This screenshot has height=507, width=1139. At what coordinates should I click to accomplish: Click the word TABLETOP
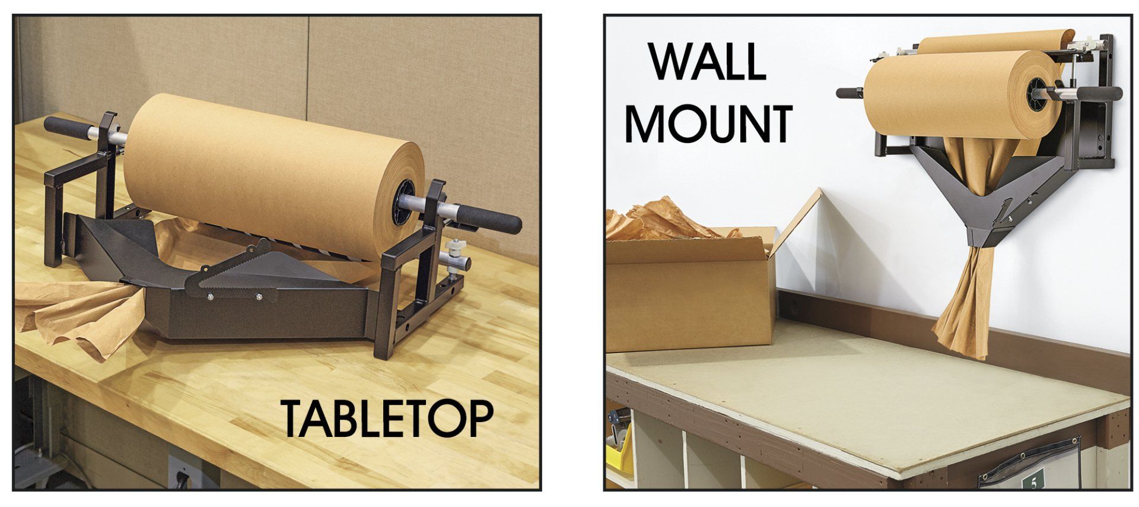[x=386, y=418]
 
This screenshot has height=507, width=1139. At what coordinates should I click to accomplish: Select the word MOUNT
[x=709, y=123]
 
